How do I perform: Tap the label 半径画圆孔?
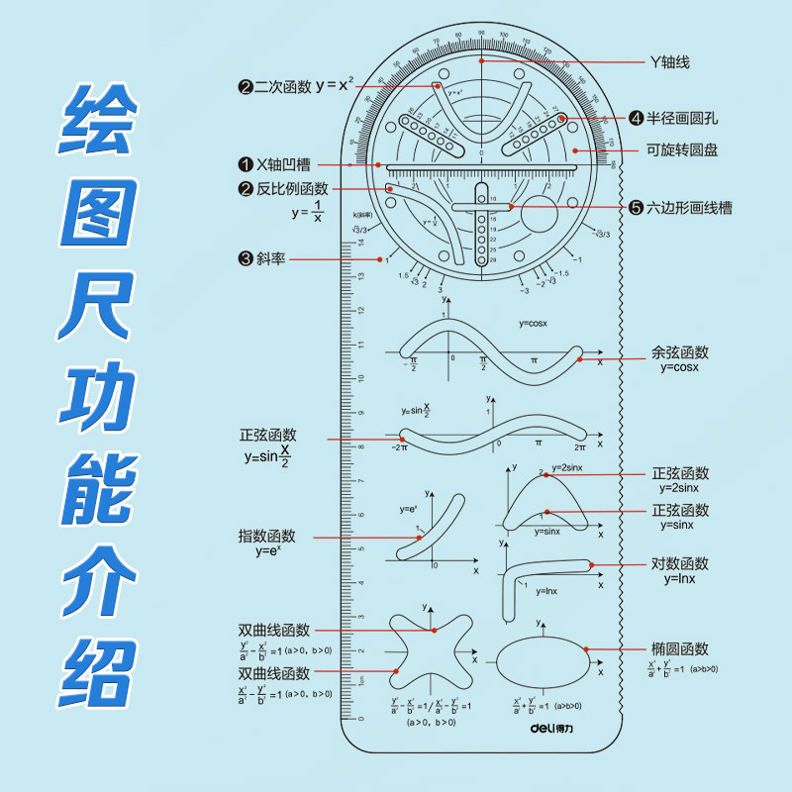[x=682, y=118]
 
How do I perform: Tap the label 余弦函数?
[x=680, y=352]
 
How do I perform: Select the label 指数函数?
[x=266, y=536]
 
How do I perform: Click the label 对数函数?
[x=680, y=564]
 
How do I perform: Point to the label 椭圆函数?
[x=680, y=649]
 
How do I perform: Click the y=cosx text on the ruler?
[x=533, y=324]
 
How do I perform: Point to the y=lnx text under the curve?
[x=546, y=591]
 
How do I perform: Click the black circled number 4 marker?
[x=637, y=118]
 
